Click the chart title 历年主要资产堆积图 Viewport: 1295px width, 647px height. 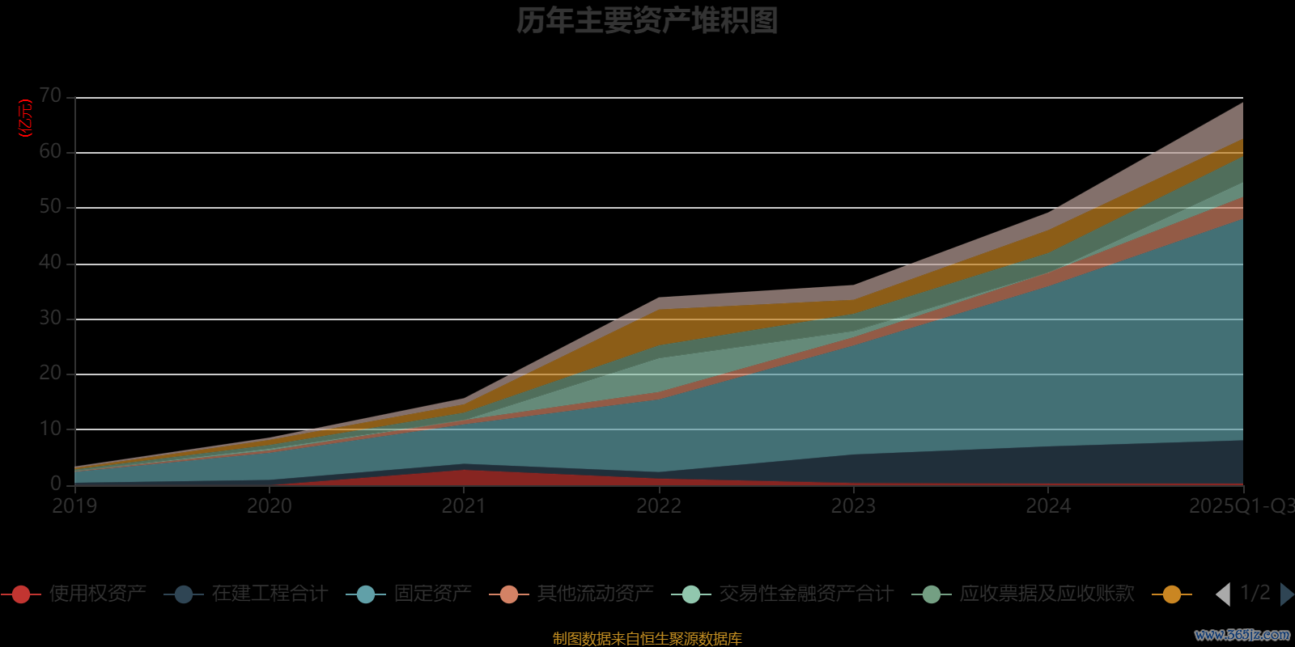click(647, 21)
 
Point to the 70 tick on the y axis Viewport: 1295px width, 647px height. click(50, 96)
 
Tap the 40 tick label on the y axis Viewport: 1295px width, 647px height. click(50, 262)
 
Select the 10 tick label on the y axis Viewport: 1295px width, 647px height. click(50, 429)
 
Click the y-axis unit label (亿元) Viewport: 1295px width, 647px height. click(26, 118)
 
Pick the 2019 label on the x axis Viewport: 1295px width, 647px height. click(74, 506)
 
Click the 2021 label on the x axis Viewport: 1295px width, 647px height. click(464, 506)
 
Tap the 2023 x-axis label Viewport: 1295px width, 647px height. click(853, 506)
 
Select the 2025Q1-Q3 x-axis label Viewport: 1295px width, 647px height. click(1241, 506)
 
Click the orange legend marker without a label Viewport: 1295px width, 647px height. click(1171, 594)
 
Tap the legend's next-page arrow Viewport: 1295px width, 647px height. click(1286, 594)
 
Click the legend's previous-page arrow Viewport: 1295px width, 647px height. click(1223, 594)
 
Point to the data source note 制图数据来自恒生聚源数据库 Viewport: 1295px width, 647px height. click(647, 639)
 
